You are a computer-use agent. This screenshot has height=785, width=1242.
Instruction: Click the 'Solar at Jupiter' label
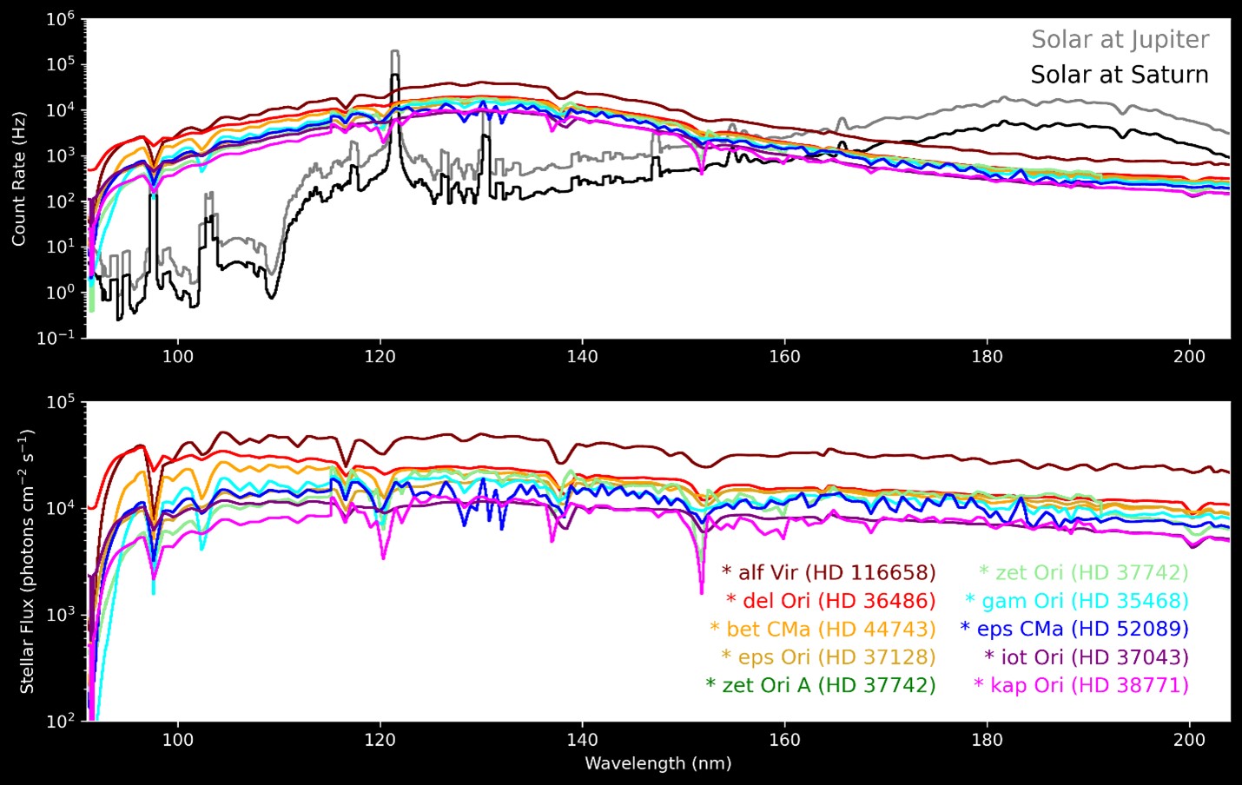point(1120,40)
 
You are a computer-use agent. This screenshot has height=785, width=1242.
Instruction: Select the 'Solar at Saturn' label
point(1120,75)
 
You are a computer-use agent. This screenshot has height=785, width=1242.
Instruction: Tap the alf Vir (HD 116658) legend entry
point(829,572)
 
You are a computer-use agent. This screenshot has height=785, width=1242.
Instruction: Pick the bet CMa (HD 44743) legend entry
point(822,629)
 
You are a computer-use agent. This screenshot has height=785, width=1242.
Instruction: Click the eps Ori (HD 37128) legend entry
point(829,657)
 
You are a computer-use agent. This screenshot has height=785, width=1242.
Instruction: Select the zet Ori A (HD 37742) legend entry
point(821,685)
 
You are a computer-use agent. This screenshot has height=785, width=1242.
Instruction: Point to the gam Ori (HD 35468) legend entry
point(1076,601)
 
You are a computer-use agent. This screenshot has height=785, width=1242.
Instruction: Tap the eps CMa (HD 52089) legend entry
point(1074,629)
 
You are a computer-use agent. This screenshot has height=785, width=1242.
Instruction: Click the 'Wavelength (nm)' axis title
point(657,764)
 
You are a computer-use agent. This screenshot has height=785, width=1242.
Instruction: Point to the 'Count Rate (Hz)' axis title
point(19,178)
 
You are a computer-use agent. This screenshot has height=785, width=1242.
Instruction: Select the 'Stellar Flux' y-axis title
point(27,561)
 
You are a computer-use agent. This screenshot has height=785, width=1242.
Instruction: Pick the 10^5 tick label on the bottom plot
point(62,403)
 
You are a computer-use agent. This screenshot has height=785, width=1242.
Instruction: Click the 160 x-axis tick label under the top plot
point(784,356)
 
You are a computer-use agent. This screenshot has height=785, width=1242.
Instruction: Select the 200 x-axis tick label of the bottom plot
point(1189,740)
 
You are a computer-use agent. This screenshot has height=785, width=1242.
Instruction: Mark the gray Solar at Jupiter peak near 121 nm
point(395,53)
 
